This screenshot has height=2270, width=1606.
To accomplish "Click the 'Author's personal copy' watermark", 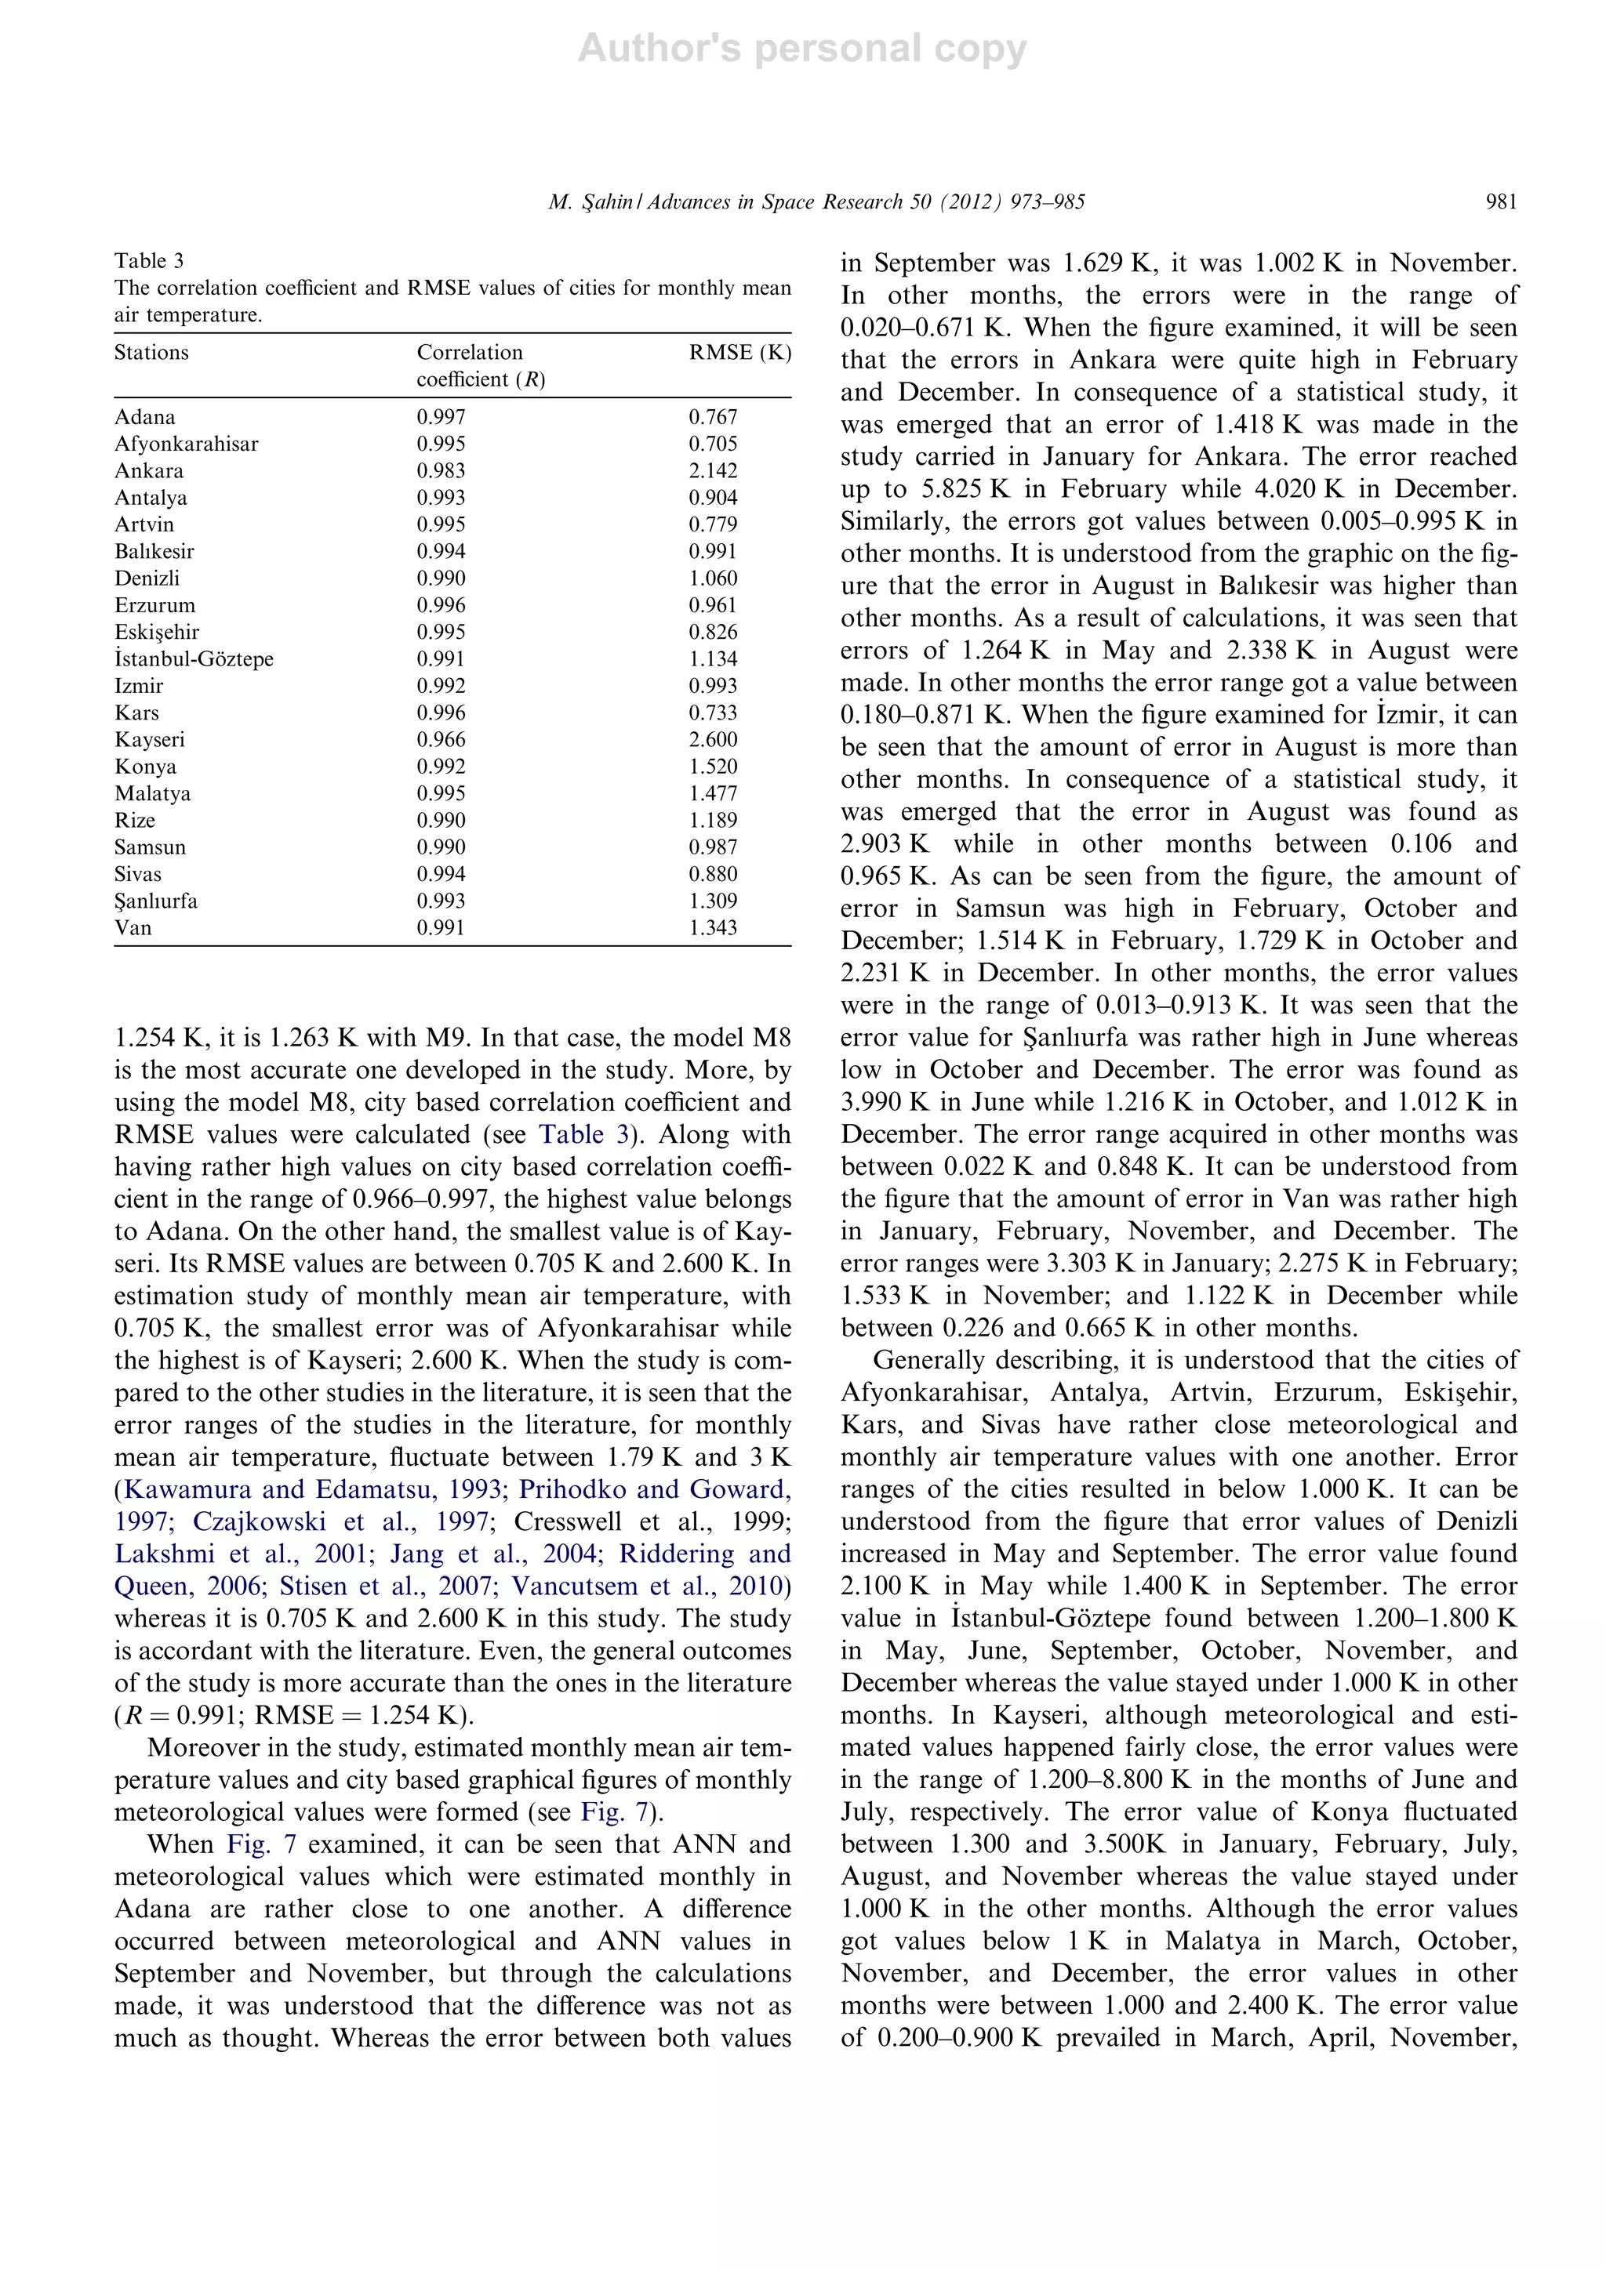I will pyautogui.click(x=802, y=49).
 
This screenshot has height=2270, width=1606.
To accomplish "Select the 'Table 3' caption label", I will pyautogui.click(x=148, y=261).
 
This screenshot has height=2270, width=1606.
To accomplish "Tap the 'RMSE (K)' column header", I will pyautogui.click(x=739, y=353).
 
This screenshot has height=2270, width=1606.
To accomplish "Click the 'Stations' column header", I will pyautogui.click(x=151, y=353).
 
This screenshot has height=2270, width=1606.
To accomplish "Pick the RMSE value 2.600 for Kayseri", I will pyautogui.click(x=713, y=739).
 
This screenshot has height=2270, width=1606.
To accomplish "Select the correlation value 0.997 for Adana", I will pyautogui.click(x=441, y=417).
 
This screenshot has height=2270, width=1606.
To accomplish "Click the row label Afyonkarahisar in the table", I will pyautogui.click(x=186, y=444).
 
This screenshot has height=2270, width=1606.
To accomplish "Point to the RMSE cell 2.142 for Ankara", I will pyautogui.click(x=713, y=470).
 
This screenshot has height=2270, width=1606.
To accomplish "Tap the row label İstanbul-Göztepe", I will pyautogui.click(x=194, y=659).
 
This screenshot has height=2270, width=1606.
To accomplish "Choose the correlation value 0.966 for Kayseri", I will pyautogui.click(x=441, y=739).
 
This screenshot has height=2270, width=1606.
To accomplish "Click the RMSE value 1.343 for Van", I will pyautogui.click(x=713, y=927).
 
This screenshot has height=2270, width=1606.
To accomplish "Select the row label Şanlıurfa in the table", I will pyautogui.click(x=156, y=901).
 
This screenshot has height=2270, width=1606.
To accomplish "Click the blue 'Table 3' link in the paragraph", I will pyautogui.click(x=583, y=1135).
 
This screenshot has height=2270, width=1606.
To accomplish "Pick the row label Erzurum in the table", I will pyautogui.click(x=154, y=605).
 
